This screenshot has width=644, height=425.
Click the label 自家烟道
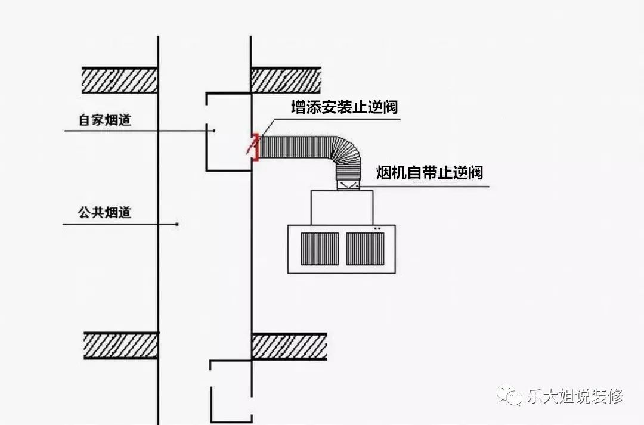tap(105, 120)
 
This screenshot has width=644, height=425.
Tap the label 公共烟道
tap(105, 212)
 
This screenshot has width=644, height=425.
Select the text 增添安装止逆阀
tap(344, 107)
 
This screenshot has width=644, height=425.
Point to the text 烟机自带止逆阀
tap(429, 172)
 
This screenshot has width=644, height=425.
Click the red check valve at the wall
tap(255, 147)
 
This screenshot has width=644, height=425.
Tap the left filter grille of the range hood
tap(320, 249)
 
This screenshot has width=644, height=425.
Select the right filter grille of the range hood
tap(365, 249)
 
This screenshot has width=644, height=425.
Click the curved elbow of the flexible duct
tap(347, 152)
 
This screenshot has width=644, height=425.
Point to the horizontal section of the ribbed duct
tap(296, 147)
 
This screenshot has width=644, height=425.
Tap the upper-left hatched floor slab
tap(119, 80)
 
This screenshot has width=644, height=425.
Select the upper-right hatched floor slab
tap(286, 80)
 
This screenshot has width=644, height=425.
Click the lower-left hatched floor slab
tap(120, 346)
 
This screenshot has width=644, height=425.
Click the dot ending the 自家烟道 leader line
tap(214, 131)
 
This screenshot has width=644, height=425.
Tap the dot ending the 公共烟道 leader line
tap(177, 224)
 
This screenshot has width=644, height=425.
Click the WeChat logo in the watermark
tap(509, 395)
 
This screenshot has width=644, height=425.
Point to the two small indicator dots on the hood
tap(377, 228)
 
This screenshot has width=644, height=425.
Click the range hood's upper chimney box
tap(342, 207)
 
